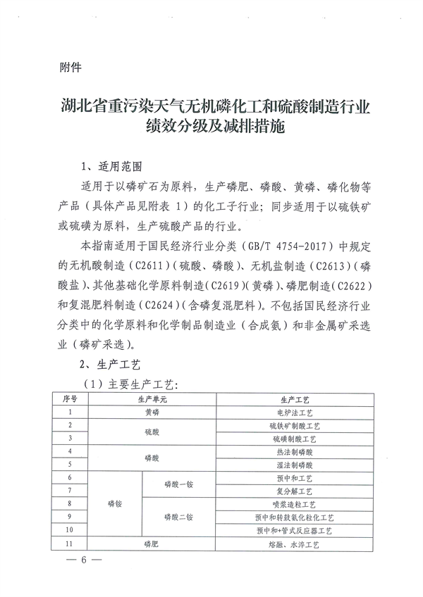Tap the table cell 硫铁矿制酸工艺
tap(295, 426)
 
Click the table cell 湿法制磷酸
tap(295, 465)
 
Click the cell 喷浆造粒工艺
tap(295, 504)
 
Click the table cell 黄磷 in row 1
tap(153, 413)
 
